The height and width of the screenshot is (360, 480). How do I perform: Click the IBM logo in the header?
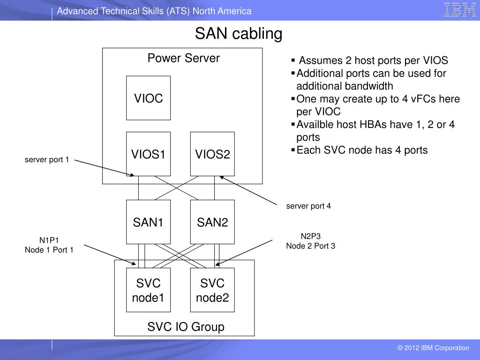coord(460,10)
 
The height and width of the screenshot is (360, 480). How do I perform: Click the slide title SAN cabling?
coord(239,33)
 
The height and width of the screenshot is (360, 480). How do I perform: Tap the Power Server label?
coord(184,58)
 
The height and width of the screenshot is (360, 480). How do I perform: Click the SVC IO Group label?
coord(186,327)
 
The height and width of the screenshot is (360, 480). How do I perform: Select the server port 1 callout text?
coord(47,159)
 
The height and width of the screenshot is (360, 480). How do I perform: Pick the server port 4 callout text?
coord(308,206)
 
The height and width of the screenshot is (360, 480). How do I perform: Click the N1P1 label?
coord(49,240)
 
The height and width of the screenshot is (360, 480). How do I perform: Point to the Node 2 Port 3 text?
coord(311,246)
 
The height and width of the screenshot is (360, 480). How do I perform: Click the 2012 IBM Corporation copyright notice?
coord(433,348)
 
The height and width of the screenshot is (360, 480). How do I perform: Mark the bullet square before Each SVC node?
coord(293,150)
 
